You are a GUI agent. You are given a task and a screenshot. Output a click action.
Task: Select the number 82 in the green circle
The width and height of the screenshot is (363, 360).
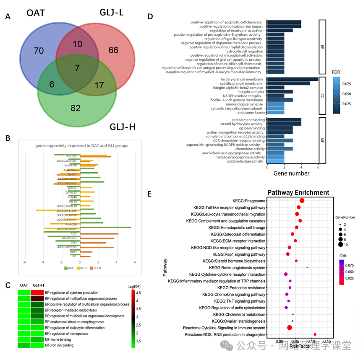(76, 108)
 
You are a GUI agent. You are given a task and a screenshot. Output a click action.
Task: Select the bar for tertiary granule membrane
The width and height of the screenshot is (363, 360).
(292, 79)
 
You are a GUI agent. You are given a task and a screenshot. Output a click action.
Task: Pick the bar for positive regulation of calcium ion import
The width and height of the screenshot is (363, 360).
(284, 26)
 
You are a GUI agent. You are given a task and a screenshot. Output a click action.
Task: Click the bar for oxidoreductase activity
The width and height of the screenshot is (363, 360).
(275, 161)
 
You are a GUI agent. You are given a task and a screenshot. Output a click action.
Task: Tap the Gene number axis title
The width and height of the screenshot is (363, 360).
(292, 173)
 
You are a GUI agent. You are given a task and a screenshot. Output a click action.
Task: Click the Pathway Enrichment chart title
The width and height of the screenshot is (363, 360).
(298, 193)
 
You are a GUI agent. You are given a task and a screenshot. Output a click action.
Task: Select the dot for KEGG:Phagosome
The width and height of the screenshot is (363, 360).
(302, 201)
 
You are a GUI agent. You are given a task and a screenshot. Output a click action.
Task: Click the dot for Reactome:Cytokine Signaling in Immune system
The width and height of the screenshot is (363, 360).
(289, 327)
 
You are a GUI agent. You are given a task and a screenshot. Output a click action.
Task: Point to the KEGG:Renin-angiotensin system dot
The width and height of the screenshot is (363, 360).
(307, 267)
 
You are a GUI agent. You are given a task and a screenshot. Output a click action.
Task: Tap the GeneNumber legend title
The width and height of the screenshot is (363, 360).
(345, 218)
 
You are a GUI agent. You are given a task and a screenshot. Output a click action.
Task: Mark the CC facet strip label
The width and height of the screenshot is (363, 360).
(322, 96)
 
